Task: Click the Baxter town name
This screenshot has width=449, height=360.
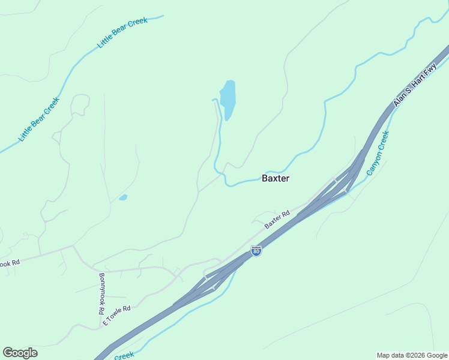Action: point(276,178)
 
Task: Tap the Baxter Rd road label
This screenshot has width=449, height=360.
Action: point(277,220)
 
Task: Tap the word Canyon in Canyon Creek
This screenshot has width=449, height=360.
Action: point(373,163)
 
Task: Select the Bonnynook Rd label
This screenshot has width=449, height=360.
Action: point(101,294)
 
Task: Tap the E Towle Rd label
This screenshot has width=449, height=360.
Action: point(116,314)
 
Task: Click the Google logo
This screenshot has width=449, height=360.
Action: point(20,353)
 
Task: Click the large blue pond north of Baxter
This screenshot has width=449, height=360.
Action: point(228,98)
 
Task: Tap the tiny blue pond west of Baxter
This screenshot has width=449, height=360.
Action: point(123,197)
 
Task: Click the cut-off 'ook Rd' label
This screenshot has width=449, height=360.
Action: point(10,263)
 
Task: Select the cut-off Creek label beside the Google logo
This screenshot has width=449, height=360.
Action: point(123,356)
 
